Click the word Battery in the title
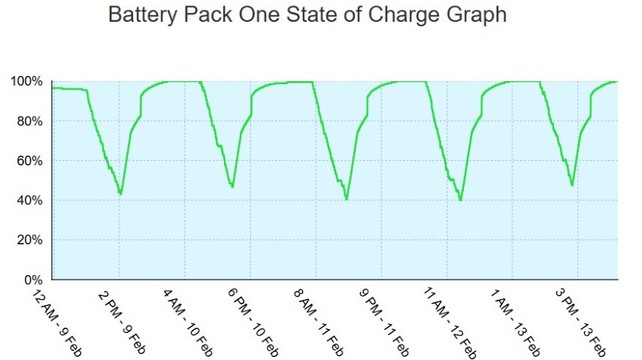click(140, 15)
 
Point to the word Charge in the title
click(398, 15)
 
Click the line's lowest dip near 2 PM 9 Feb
click(120, 194)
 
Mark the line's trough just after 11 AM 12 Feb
click(461, 200)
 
